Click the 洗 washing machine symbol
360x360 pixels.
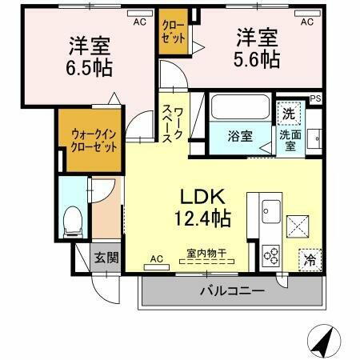point(288,114)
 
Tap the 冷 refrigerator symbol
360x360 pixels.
point(308,258)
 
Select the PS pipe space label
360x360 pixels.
point(317,99)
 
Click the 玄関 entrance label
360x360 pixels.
point(104,257)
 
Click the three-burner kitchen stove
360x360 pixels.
point(270,255)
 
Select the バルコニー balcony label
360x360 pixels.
point(231,290)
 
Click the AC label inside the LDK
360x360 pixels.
point(156,259)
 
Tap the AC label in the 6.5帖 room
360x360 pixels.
point(139,22)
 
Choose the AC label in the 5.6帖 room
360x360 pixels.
point(306,22)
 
